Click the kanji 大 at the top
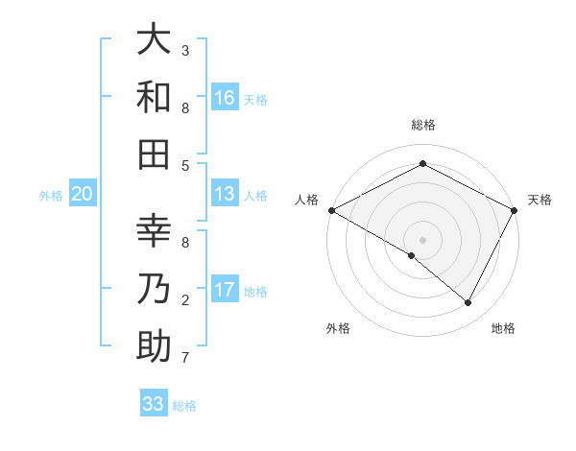click(x=154, y=40)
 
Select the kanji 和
click(x=154, y=98)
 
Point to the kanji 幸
click(x=154, y=232)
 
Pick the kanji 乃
click(x=154, y=290)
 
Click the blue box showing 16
click(x=225, y=98)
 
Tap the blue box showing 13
click(x=225, y=194)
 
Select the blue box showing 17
click(x=225, y=290)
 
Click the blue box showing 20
click(x=83, y=194)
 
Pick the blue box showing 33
click(x=154, y=404)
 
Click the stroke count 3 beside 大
click(x=185, y=50)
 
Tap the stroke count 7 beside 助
click(x=185, y=358)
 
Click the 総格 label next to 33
click(x=184, y=406)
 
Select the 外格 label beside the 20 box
click(x=51, y=196)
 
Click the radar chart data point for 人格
click(x=330, y=210)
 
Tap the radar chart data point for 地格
click(x=468, y=302)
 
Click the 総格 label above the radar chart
click(x=423, y=126)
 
